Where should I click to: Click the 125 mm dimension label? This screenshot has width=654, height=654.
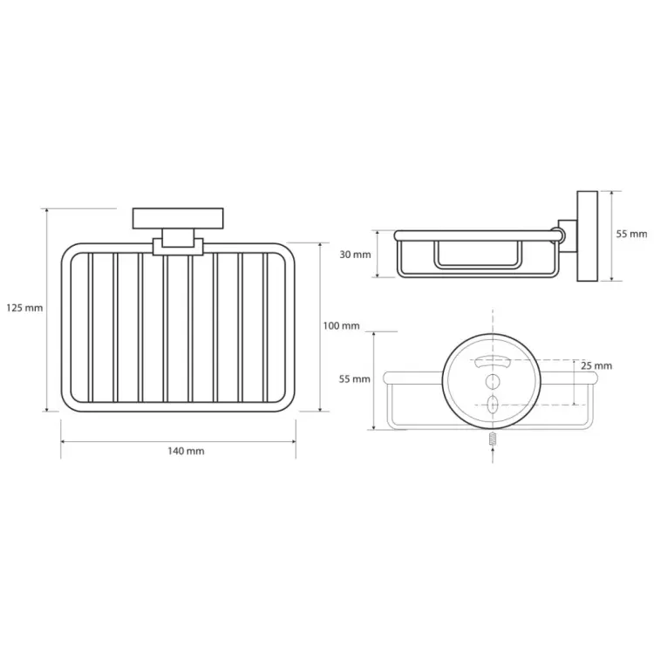click(x=24, y=308)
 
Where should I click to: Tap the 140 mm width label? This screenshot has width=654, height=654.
click(x=186, y=451)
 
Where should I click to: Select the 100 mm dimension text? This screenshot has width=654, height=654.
click(x=341, y=325)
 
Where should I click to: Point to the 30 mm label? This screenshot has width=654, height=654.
click(x=355, y=255)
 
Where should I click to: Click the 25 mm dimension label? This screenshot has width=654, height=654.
click(x=596, y=365)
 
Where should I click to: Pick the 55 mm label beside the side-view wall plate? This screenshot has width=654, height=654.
click(x=631, y=234)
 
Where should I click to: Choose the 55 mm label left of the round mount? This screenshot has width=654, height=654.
click(x=355, y=379)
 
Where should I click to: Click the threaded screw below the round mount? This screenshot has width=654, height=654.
click(x=493, y=439)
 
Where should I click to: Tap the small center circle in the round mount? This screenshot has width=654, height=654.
click(x=493, y=381)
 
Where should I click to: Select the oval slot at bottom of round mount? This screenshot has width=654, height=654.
click(x=493, y=404)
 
